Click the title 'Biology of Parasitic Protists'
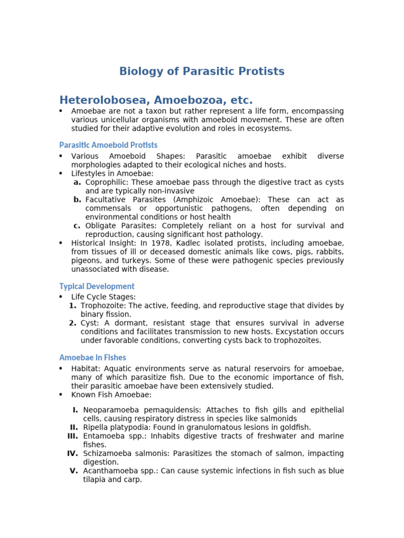pos(201,71)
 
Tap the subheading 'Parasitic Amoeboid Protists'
pos(108,144)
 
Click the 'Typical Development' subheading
pos(96,286)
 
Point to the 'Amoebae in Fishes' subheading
pos(92,357)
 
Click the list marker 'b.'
pos(77,200)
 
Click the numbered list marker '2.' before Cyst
pos(73,323)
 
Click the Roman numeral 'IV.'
pos(73,453)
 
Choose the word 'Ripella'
pos(96,427)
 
